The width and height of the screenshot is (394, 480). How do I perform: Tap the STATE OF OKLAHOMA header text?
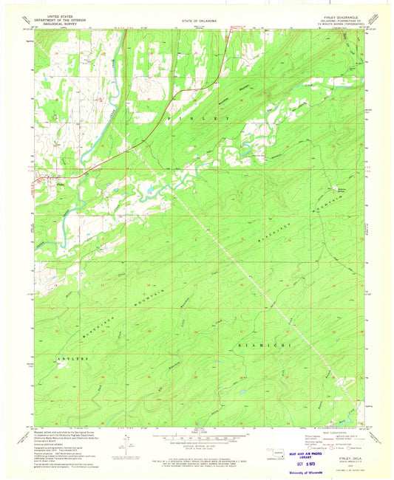(197, 22)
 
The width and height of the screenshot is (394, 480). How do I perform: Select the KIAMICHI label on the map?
(258, 345)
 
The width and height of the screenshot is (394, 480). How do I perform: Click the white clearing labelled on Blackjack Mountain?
(341, 187)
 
